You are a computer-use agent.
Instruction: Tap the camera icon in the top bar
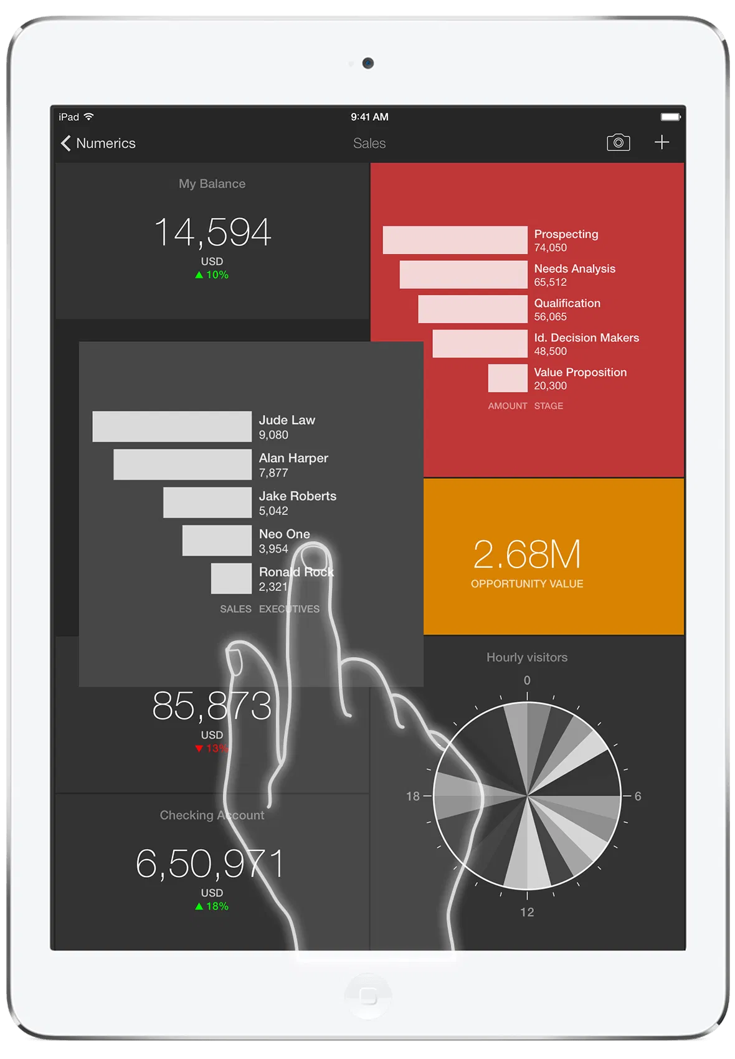[618, 143]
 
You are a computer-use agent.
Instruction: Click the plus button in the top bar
[661, 143]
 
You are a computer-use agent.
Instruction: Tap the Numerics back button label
[105, 143]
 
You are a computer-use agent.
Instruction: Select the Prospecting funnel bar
[455, 240]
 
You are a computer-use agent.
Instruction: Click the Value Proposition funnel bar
[508, 378]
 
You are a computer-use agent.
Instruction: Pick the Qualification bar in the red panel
[472, 309]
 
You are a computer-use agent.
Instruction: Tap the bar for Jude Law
[172, 427]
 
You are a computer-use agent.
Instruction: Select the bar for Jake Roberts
[207, 503]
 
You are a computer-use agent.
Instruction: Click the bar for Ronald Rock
[231, 579]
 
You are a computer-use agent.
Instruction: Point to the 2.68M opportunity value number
[527, 554]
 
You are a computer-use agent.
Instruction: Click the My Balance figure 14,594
[212, 232]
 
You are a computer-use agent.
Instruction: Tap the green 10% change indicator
[212, 275]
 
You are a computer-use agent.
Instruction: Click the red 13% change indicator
[212, 748]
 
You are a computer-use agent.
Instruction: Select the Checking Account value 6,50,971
[210, 864]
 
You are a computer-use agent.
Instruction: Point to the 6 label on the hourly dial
[638, 796]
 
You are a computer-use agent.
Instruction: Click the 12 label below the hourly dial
[527, 912]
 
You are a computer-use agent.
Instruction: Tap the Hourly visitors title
[527, 657]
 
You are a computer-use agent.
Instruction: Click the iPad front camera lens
[368, 63]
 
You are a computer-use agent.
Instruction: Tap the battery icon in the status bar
[671, 116]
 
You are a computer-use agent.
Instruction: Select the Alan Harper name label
[293, 458]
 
